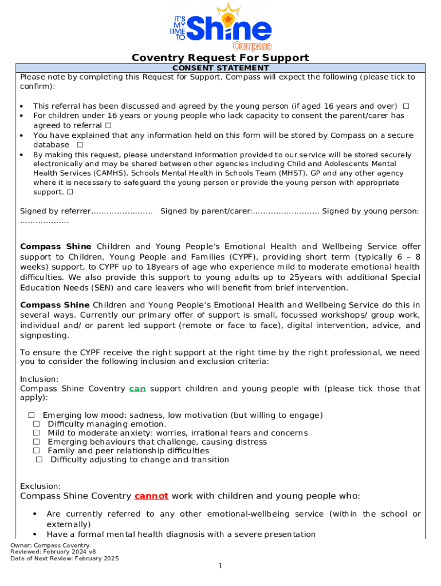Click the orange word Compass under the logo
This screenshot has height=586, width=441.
252,46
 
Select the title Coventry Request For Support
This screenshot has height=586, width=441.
220,57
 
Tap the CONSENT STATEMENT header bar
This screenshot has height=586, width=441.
220,68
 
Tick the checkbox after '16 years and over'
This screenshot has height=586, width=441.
405,106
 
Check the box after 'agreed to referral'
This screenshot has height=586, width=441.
108,125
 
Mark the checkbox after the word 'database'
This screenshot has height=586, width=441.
80,145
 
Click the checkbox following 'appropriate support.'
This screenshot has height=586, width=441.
69,192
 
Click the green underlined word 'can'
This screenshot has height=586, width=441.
137,389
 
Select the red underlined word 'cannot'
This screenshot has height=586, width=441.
151,496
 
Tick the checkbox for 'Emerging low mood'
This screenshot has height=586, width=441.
31,415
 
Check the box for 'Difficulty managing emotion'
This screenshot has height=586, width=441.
36,424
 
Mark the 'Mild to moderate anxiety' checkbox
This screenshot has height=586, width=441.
36,433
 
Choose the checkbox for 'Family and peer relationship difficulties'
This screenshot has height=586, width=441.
36,451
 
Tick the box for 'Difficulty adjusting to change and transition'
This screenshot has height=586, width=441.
39,460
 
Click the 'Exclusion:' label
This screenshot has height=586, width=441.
40,486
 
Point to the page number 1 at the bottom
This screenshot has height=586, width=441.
220,566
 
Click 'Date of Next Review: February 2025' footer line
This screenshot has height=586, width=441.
64,559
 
